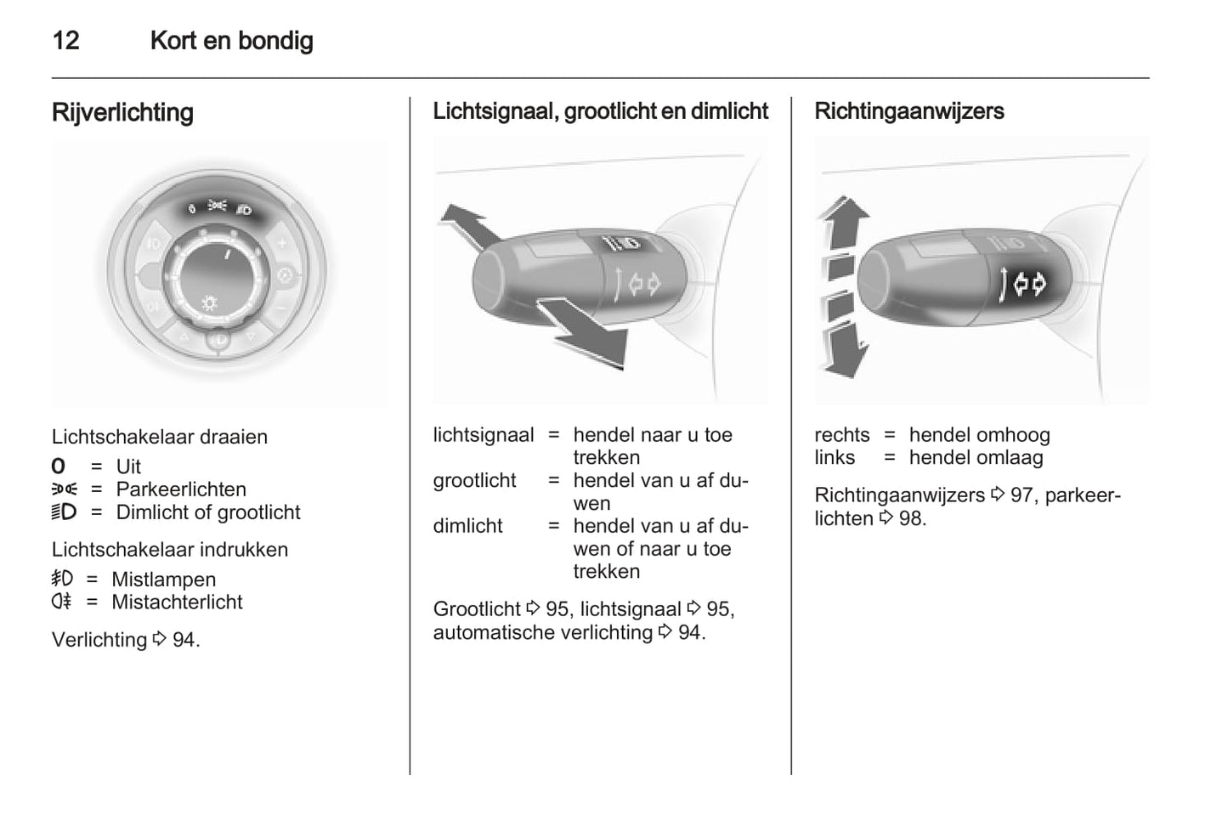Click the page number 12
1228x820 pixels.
[66, 40]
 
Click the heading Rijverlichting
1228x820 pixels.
[122, 112]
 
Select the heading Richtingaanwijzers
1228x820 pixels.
[908, 111]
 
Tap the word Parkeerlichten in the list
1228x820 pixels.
[181, 489]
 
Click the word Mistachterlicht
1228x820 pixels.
[177, 602]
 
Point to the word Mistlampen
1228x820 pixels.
[163, 580]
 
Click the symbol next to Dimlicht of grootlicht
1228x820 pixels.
[64, 512]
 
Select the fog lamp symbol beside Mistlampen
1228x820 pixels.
[62, 579]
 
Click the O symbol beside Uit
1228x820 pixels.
[58, 467]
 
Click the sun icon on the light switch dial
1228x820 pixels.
[209, 303]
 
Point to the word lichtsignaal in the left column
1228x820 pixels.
[483, 435]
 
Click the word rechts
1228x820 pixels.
[841, 435]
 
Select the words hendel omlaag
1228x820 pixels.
[976, 458]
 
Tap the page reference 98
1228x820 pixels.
[911, 518]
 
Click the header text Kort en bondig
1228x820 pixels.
[231, 40]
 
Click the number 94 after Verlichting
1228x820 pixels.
[184, 640]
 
